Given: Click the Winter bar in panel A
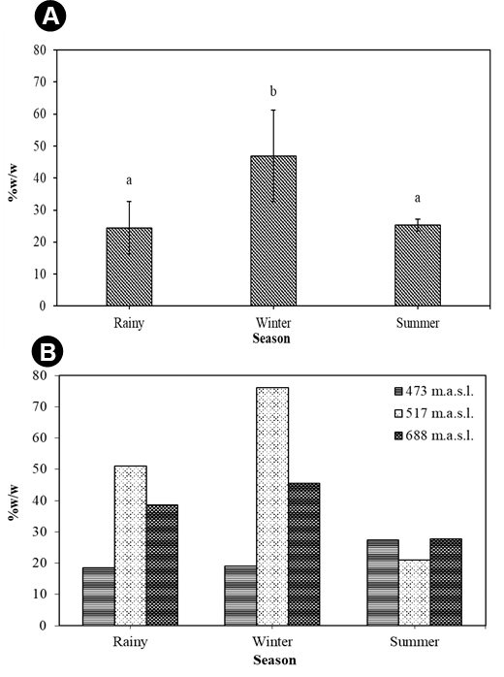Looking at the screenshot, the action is (273, 231).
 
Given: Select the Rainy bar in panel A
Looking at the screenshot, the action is (129, 267).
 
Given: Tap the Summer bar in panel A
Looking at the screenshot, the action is (418, 265).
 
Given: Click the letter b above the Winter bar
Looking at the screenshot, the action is (273, 91).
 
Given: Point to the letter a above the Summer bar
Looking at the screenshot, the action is (418, 198).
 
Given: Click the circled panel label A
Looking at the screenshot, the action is (50, 16).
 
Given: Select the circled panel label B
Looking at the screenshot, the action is (47, 352).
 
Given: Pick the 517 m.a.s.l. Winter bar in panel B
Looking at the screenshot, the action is (272, 506).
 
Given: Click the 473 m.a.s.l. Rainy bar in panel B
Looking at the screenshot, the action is (99, 596).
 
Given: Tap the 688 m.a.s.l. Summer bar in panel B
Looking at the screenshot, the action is (446, 582).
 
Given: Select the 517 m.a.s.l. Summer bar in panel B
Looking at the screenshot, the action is (414, 593).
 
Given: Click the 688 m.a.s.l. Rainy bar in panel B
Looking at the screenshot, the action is (162, 565).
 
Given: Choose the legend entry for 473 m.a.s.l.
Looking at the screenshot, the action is (433, 391).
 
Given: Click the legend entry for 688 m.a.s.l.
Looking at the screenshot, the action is (433, 435).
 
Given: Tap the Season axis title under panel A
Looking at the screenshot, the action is (271, 338).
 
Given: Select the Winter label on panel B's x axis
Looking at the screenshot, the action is (272, 641).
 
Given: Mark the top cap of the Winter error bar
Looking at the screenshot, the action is (273, 111).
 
